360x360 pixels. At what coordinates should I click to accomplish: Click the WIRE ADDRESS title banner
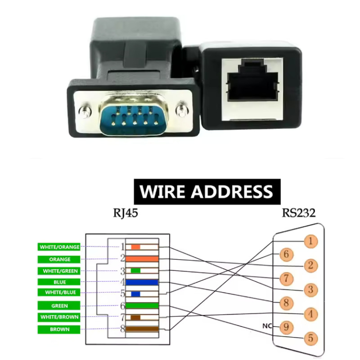207,192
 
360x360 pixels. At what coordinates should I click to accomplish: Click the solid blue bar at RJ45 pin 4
142,283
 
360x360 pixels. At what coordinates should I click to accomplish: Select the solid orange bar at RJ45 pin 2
142,259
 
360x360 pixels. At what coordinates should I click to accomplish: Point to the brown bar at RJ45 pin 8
142,329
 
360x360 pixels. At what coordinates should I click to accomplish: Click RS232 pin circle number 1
310,241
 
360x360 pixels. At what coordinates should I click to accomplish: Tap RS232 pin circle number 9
286,326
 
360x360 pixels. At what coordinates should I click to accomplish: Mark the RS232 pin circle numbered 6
286,255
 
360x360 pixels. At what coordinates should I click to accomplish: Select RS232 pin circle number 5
310,337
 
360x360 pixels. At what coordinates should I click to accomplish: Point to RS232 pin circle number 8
286,302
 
